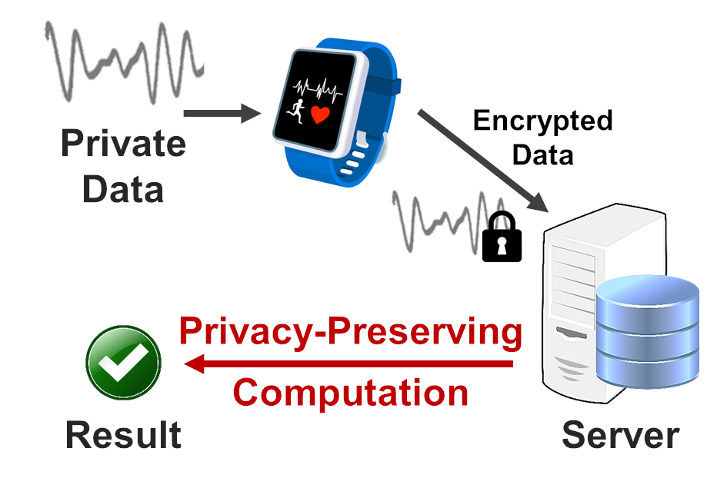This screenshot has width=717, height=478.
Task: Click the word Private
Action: [x=123, y=144]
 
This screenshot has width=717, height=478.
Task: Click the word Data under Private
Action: [x=123, y=188]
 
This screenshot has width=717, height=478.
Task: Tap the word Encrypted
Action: [x=542, y=121]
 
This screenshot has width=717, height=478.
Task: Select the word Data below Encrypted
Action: [x=542, y=155]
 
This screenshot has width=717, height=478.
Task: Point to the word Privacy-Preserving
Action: [x=350, y=332]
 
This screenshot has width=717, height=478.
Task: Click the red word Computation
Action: [x=350, y=393]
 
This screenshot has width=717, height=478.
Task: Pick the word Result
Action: [x=123, y=435]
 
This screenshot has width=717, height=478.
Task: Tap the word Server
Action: [x=620, y=435]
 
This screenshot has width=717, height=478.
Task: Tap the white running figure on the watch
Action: [x=295, y=110]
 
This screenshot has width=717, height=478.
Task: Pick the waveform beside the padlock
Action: [x=439, y=219]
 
